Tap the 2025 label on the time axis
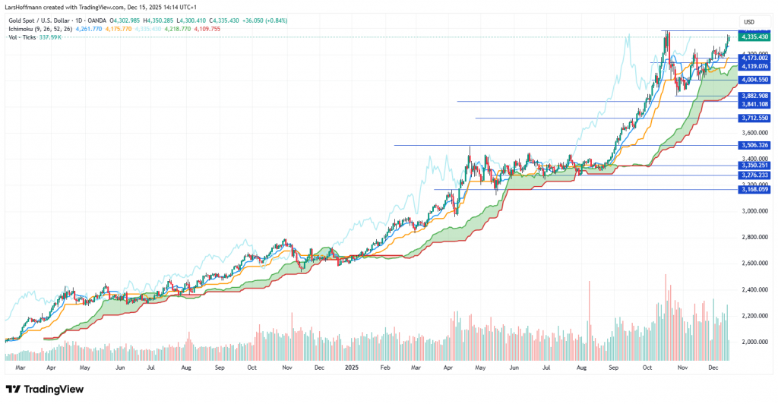pos(352,367)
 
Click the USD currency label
pos(748,21)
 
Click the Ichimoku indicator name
pos(23,29)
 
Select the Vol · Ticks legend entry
pos(23,37)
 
